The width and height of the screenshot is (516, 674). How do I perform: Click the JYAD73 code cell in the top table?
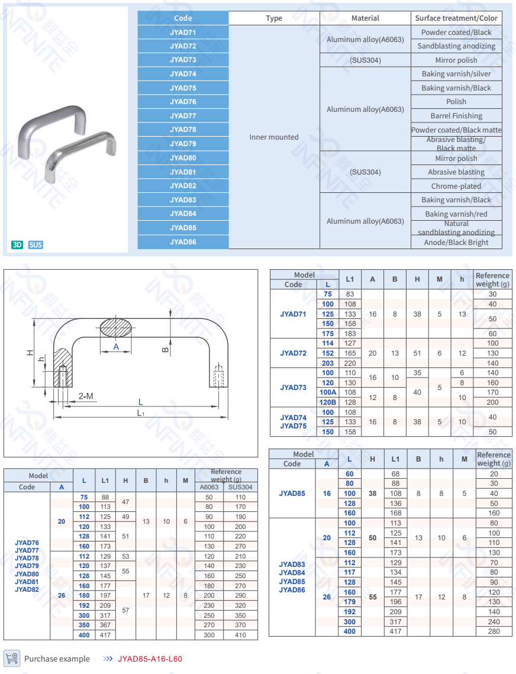pyautogui.click(x=183, y=60)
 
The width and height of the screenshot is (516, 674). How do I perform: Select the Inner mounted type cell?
pyautogui.click(x=274, y=137)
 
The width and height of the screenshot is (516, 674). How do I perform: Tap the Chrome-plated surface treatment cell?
pyautogui.click(x=456, y=186)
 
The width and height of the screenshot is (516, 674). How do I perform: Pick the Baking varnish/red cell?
pyautogui.click(x=456, y=214)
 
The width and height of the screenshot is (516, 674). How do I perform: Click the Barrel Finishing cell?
pyautogui.click(x=456, y=116)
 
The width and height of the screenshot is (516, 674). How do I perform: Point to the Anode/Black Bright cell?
pyautogui.click(x=456, y=243)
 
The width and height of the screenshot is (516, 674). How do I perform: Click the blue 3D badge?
pyautogui.click(x=17, y=245)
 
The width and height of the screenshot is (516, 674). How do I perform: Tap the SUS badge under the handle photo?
pyautogui.click(x=36, y=245)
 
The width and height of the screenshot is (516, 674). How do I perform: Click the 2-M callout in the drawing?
pyautogui.click(x=86, y=396)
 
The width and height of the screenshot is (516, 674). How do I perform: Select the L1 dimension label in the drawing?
pyautogui.click(x=141, y=413)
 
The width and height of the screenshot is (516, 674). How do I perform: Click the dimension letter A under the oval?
pyautogui.click(x=116, y=347)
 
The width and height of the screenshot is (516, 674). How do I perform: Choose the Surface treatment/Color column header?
pyautogui.click(x=456, y=18)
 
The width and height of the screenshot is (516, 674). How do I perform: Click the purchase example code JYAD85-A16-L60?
pyautogui.click(x=150, y=659)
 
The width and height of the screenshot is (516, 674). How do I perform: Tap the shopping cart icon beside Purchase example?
pyautogui.click(x=11, y=658)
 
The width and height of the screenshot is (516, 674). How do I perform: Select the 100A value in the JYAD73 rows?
pyautogui.click(x=328, y=392)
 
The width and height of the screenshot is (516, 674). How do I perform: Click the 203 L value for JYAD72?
pyautogui.click(x=328, y=363)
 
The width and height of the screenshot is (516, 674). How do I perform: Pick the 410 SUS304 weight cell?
pyautogui.click(x=240, y=635)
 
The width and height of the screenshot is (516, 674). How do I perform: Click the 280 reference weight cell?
pyautogui.click(x=494, y=631)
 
